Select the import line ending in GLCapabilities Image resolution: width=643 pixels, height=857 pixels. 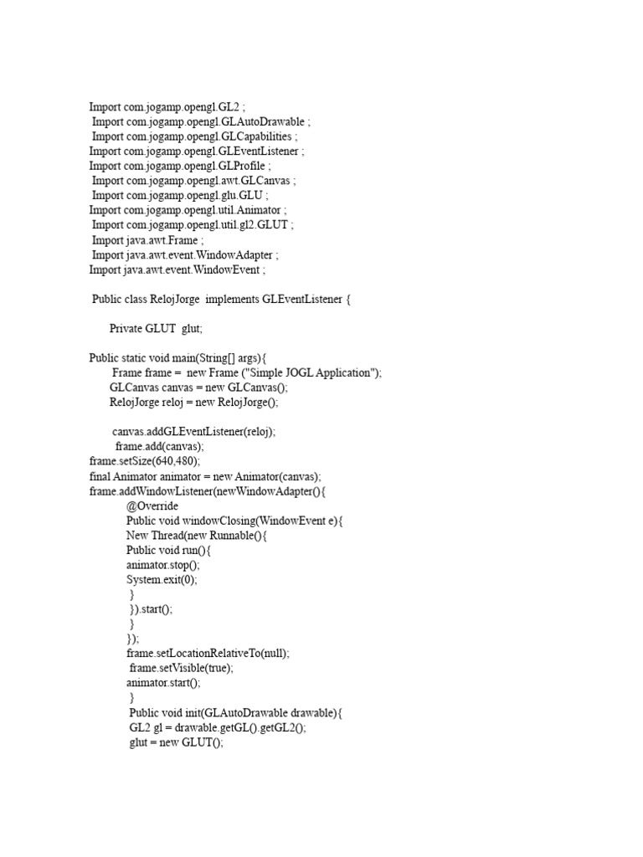194,136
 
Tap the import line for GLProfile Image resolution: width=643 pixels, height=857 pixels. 180,166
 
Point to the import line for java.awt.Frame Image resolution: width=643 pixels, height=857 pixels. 147,240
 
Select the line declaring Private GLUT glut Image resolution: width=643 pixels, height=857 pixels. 156,329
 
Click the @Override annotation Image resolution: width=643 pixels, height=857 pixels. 152,506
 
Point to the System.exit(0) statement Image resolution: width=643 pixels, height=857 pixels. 162,579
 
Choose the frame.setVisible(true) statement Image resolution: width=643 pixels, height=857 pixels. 182,668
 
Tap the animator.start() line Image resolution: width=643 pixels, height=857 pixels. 163,682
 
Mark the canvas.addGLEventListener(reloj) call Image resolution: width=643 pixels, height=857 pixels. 193,432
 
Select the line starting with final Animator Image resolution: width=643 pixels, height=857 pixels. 205,476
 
